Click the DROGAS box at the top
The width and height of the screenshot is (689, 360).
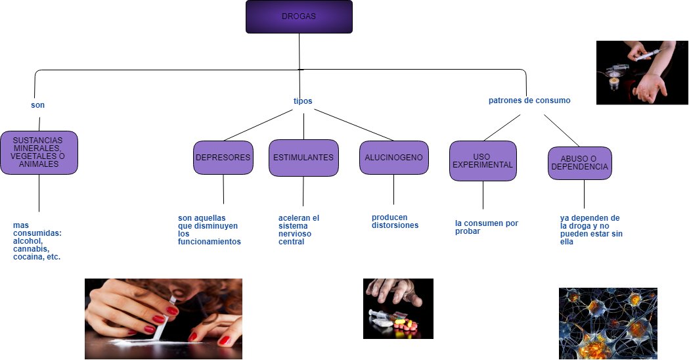click(x=299, y=16)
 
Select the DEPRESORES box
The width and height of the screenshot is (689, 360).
click(x=223, y=158)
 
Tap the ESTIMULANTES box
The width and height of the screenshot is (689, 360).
click(x=303, y=158)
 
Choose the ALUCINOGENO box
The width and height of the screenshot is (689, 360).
click(x=394, y=158)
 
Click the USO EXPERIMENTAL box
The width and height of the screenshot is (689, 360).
click(x=483, y=161)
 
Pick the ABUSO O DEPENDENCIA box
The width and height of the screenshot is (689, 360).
click(x=580, y=163)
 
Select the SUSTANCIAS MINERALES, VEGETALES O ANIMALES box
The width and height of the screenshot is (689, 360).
click(x=39, y=152)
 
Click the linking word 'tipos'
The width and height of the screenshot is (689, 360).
click(x=303, y=101)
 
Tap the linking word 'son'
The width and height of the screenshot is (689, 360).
click(x=37, y=105)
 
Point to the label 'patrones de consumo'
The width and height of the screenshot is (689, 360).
click(x=529, y=101)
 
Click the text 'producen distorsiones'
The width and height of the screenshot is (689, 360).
click(x=395, y=221)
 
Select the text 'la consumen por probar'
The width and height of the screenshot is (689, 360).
click(x=486, y=227)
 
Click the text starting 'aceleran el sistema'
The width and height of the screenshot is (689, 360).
click(x=299, y=229)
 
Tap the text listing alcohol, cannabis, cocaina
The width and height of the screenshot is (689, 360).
click(x=37, y=241)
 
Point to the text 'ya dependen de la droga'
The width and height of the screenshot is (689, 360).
click(x=591, y=229)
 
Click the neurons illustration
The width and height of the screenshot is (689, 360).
click(x=608, y=323)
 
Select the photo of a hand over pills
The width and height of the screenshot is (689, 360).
click(x=398, y=308)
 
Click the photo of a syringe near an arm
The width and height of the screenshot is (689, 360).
click(x=642, y=72)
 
